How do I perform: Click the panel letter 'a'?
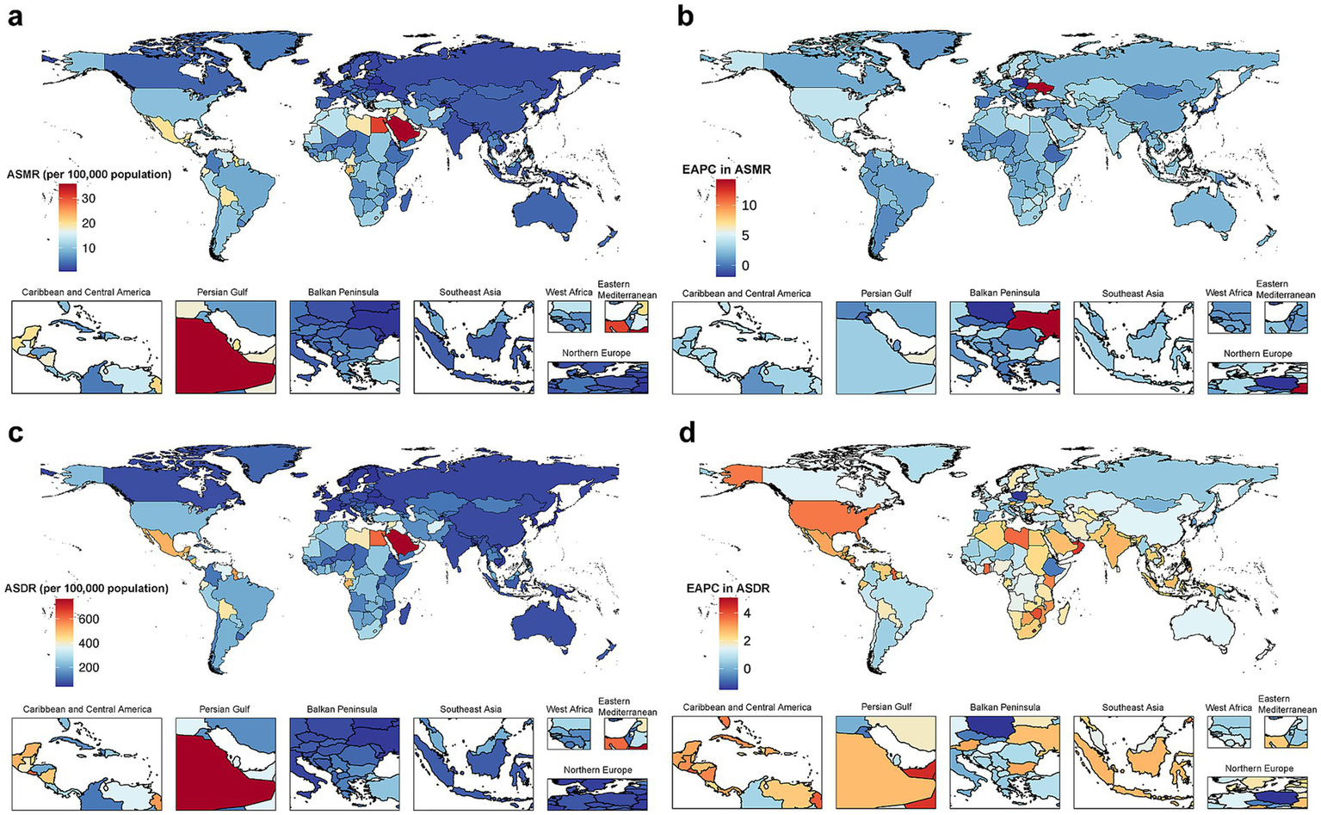(x=15, y=16)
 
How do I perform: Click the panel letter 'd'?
(x=687, y=433)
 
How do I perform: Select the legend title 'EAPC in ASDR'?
(x=727, y=589)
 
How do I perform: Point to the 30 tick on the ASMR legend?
(x=88, y=198)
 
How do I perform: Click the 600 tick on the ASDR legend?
(x=89, y=619)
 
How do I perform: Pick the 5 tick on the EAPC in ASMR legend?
(x=745, y=235)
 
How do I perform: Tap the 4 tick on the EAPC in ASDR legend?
(x=747, y=614)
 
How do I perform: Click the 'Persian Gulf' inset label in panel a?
(x=222, y=292)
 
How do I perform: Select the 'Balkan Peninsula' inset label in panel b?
(x=1004, y=293)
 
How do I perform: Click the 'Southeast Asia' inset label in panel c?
(x=471, y=709)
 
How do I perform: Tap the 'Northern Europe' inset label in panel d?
(x=1258, y=769)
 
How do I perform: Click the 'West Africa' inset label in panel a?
(x=569, y=292)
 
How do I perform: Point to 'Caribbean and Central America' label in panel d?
(x=747, y=707)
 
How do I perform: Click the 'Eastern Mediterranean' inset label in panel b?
(x=1285, y=289)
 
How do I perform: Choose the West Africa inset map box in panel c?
(x=569, y=734)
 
